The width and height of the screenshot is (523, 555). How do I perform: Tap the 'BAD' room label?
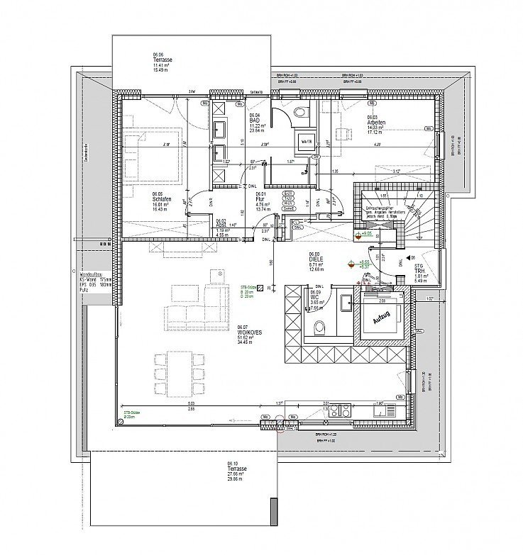click(x=253, y=120)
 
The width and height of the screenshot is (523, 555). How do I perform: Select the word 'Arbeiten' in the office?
click(x=377, y=122)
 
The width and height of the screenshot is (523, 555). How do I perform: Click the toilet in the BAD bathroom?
click(x=300, y=111)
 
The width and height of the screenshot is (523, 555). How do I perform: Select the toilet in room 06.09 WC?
click(x=319, y=327)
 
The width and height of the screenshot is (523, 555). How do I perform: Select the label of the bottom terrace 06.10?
click(x=236, y=469)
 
